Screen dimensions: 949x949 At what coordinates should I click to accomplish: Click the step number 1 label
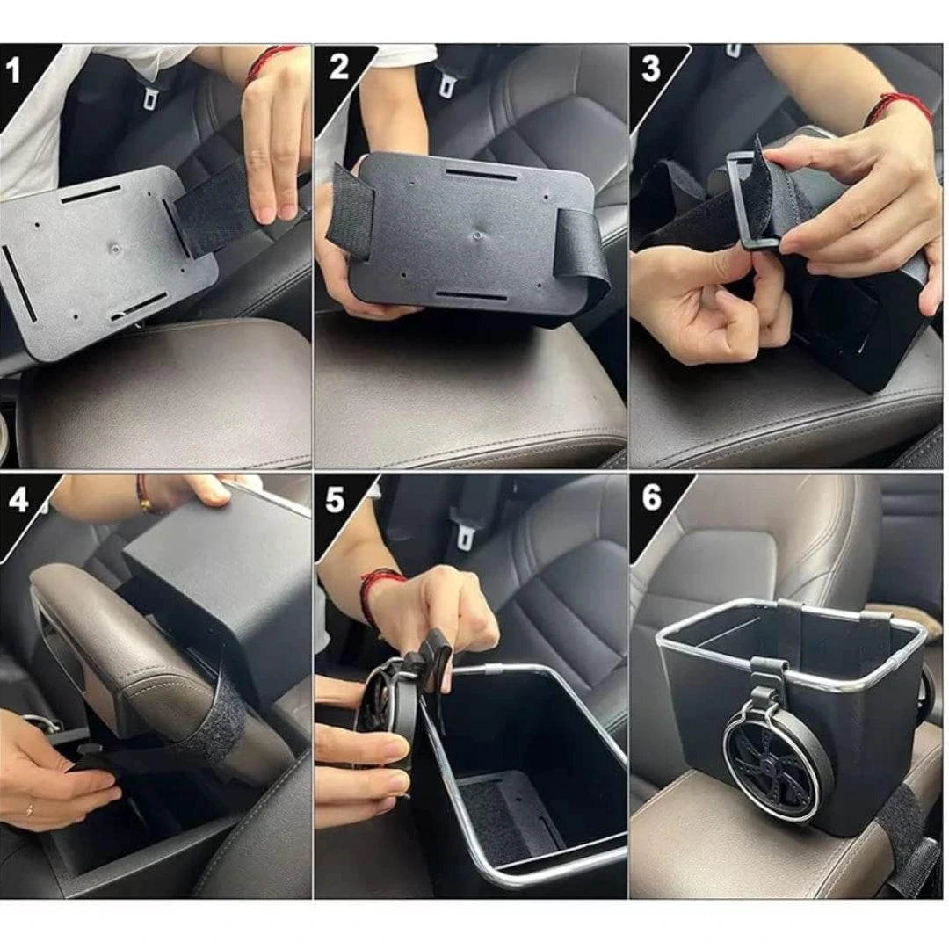click(14, 69)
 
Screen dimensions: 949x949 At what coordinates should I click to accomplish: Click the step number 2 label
click(339, 66)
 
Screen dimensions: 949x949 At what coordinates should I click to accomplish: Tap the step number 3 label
click(651, 69)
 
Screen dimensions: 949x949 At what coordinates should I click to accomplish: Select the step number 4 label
click(18, 500)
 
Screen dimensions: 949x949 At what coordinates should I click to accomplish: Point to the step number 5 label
click(335, 500)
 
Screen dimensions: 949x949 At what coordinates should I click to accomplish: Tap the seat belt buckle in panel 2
click(448, 83)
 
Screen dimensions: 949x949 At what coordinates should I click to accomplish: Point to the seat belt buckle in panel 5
click(466, 532)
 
